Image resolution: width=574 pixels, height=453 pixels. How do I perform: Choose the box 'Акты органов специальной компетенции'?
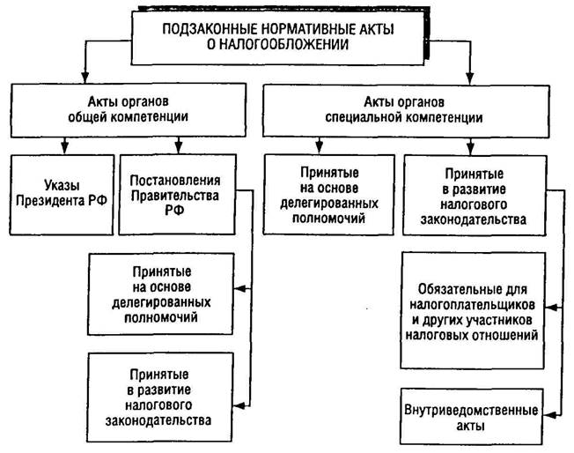pos(409,108)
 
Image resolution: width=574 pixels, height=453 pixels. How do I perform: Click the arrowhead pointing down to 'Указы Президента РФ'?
pos(63,145)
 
